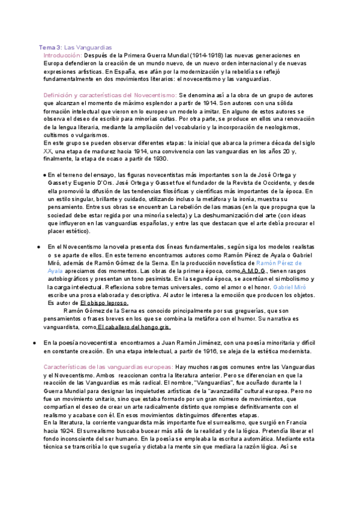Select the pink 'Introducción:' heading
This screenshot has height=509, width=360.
(x=63, y=55)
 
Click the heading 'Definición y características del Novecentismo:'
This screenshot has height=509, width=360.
(x=110, y=95)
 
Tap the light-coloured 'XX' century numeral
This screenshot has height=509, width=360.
(x=49, y=151)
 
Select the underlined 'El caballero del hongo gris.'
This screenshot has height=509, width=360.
(x=134, y=327)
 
